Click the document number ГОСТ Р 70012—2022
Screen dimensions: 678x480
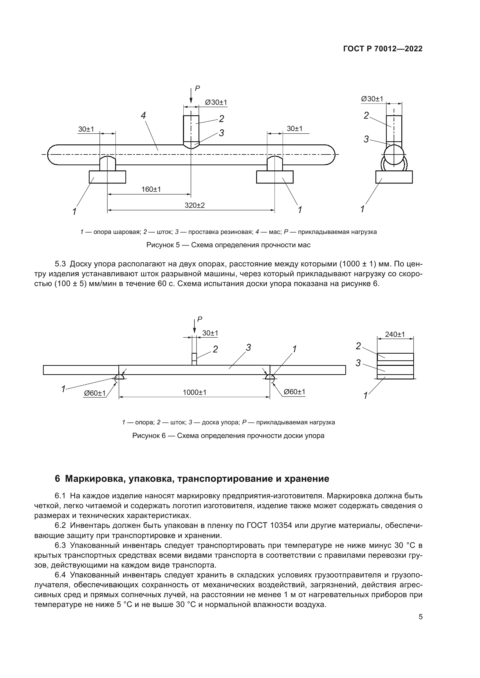point(383,49)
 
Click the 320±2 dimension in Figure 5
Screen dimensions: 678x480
point(194,205)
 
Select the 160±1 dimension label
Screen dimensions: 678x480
point(151,189)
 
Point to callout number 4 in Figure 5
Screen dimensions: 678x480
point(143,115)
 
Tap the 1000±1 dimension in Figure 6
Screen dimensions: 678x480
point(194,392)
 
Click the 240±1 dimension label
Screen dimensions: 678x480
point(395,335)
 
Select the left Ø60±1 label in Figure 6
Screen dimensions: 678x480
point(95,393)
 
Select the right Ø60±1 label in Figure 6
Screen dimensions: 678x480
point(294,392)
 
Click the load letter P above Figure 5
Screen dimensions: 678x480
point(197,88)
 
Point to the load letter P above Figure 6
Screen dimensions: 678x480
point(200,319)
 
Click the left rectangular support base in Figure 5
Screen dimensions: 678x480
point(107,177)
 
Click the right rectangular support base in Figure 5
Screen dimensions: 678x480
point(275,177)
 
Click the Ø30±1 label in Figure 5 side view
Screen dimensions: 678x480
point(372,99)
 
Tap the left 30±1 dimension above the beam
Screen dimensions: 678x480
point(86,129)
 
